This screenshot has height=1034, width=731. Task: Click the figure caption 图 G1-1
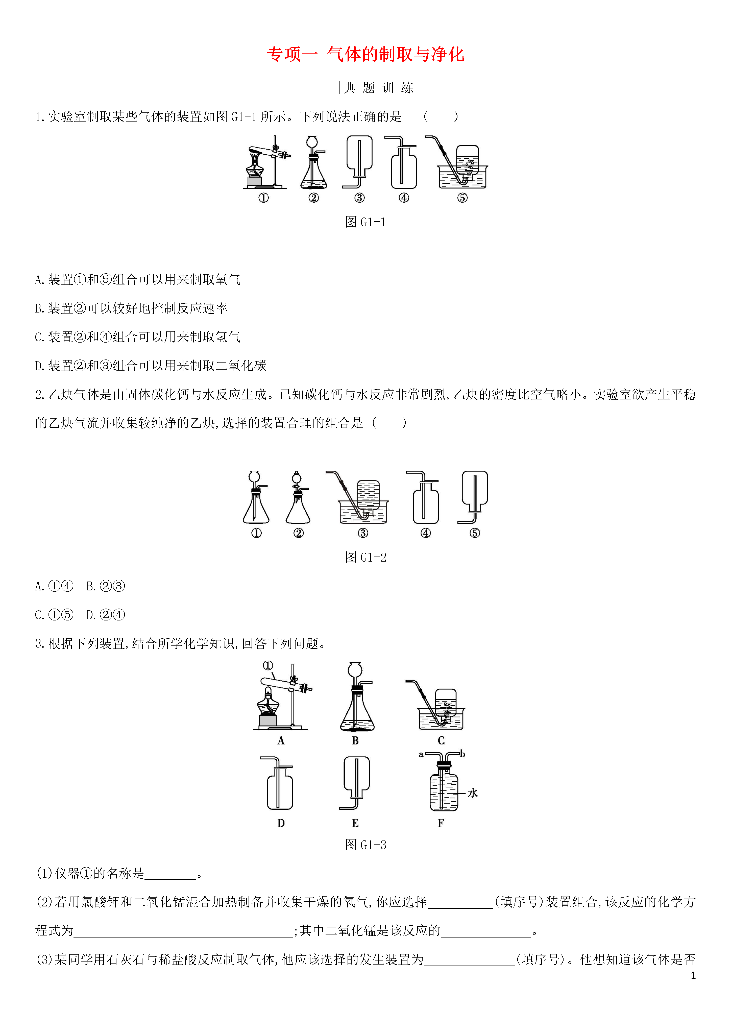point(365,222)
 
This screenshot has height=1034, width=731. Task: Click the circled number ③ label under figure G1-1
point(359,198)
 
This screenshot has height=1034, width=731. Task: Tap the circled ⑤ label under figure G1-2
point(475,533)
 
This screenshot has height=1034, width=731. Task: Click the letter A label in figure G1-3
point(281,740)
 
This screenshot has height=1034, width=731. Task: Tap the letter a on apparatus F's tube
point(421,754)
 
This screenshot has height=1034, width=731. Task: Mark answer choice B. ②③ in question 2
point(105,586)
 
